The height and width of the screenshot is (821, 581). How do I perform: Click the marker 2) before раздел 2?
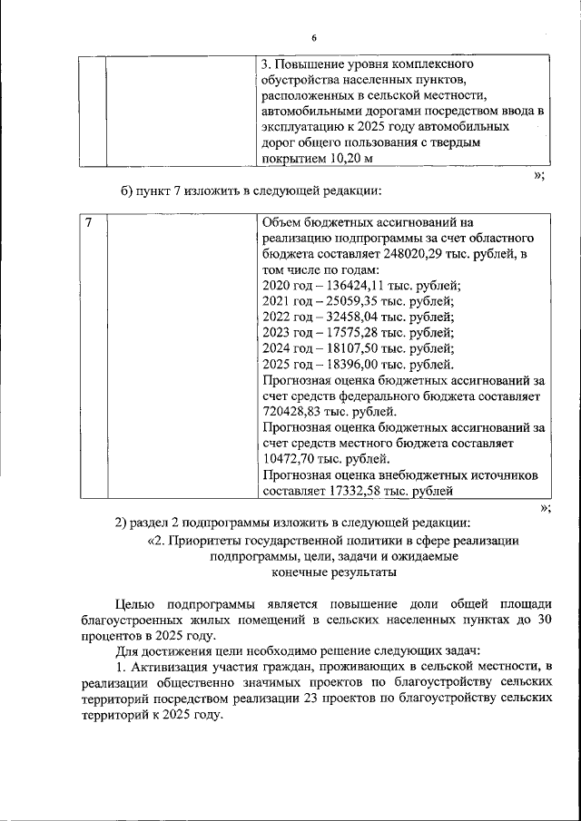tap(121, 522)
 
